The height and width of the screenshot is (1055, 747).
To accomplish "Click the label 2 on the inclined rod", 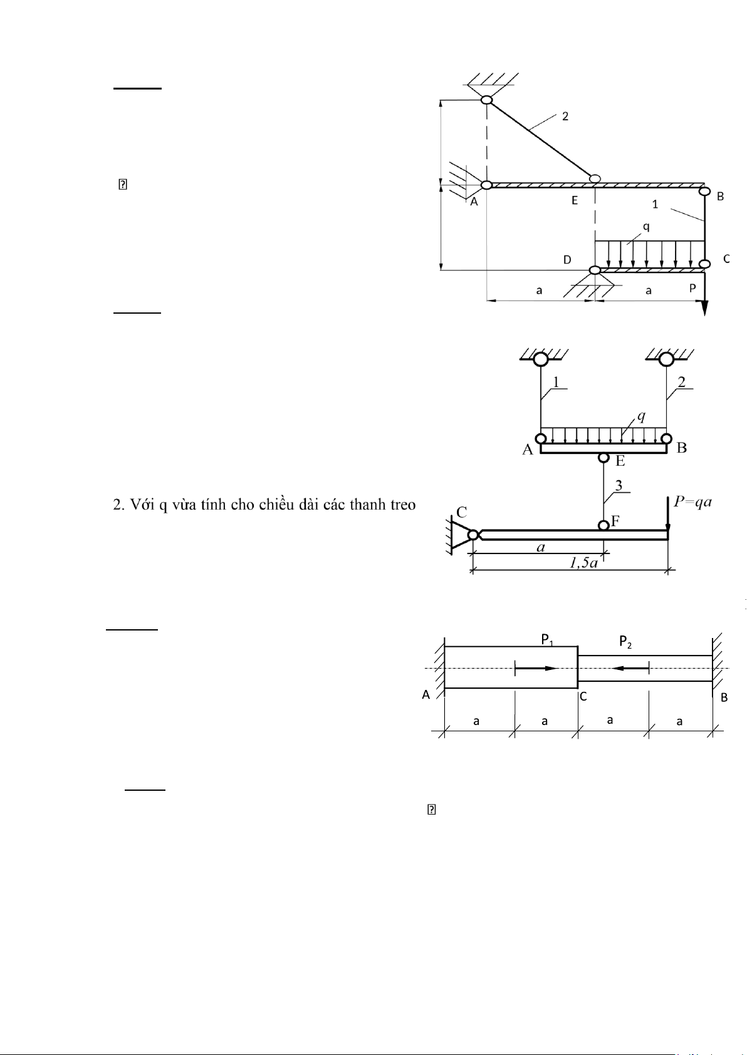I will [565, 116].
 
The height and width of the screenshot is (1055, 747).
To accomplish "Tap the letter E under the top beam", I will [575, 201].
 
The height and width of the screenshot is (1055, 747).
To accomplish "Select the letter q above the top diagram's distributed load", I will [646, 227].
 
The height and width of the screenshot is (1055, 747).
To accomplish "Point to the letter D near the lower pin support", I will [567, 260].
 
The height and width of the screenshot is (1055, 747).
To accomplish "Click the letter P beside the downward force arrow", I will [692, 288].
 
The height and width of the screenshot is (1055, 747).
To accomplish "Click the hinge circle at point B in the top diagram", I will [705, 191].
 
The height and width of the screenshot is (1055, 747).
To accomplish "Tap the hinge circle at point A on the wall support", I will [486, 185].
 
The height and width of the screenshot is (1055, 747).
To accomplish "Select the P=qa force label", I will [692, 502].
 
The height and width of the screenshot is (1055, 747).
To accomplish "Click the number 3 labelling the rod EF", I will [619, 485].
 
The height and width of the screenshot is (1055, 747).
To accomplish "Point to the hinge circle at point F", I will [603, 525].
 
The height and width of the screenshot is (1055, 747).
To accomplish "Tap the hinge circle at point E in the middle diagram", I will [603, 458].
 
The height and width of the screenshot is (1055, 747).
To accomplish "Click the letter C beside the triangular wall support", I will [461, 513].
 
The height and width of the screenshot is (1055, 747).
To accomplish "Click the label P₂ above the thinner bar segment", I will [625, 641].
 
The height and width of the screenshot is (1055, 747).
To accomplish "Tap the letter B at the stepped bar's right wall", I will [724, 697].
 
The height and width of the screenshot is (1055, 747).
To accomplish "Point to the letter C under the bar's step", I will [583, 696].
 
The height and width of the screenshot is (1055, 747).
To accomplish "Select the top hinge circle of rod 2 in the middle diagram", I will [666, 359].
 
